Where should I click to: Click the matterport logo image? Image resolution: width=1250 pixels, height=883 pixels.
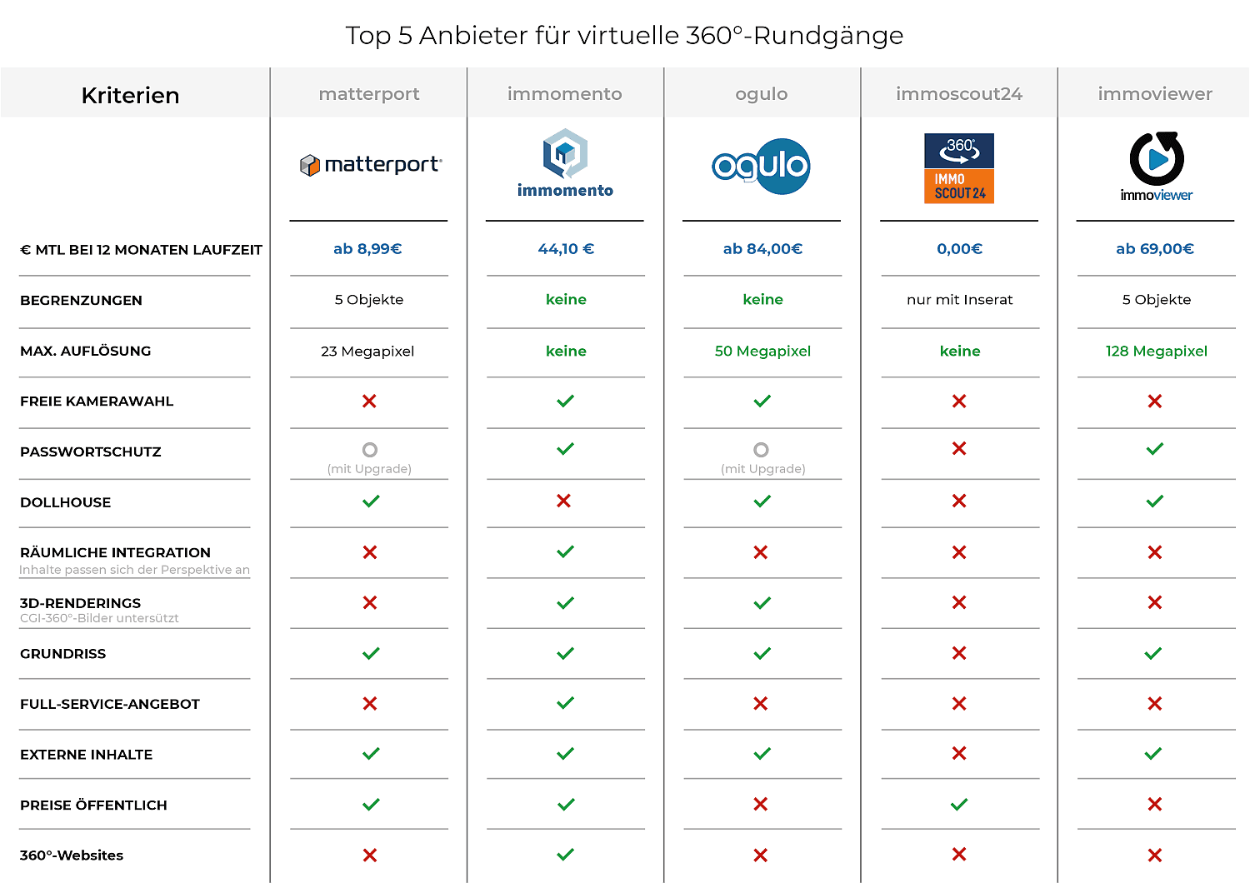click(370, 165)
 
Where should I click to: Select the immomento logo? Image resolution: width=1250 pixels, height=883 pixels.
click(565, 163)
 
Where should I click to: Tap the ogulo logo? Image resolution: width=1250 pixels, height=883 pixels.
click(762, 166)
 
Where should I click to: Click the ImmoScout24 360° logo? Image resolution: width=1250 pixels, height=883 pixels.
click(959, 168)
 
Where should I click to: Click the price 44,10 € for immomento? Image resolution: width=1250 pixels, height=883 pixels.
click(566, 249)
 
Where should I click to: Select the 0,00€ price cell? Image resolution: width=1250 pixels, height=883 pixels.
click(959, 249)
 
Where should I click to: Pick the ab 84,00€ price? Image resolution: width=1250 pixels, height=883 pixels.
click(762, 249)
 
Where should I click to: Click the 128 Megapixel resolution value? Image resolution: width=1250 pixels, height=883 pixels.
click(1156, 352)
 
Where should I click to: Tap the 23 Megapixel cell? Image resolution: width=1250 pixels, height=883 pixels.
click(367, 352)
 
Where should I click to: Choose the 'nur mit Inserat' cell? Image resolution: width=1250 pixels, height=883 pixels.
click(959, 300)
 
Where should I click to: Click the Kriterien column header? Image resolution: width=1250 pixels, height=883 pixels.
click(131, 96)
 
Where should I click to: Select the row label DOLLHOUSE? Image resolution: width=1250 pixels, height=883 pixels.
click(66, 503)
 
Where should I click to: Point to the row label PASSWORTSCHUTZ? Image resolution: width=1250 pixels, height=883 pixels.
click(91, 452)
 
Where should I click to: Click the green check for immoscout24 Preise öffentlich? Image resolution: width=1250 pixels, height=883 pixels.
click(959, 805)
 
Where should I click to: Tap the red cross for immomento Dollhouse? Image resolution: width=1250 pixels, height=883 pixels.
click(564, 501)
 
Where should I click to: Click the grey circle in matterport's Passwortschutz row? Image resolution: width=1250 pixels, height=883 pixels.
click(370, 450)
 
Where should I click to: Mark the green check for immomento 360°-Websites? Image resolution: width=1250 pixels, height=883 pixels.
click(566, 855)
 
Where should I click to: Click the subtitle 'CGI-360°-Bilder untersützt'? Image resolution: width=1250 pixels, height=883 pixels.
click(99, 618)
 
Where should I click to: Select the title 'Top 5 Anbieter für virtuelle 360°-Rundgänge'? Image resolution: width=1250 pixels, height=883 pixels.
click(624, 36)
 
